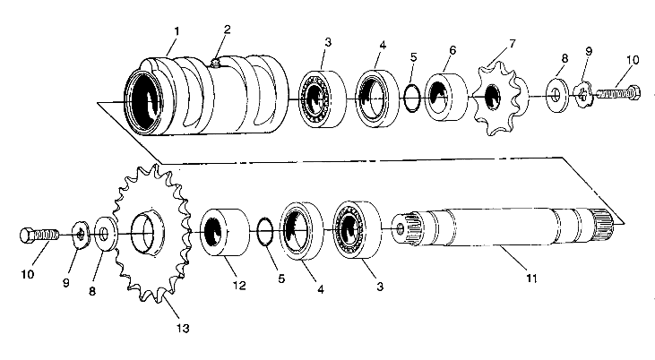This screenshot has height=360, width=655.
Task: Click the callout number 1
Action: [176, 30]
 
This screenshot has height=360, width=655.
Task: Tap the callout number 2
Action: [227, 30]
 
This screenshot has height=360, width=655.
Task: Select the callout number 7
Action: [512, 44]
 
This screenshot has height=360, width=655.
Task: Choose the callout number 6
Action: [452, 51]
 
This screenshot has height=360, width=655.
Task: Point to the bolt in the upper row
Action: [619, 91]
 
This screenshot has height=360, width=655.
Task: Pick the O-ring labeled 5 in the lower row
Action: [264, 231]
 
